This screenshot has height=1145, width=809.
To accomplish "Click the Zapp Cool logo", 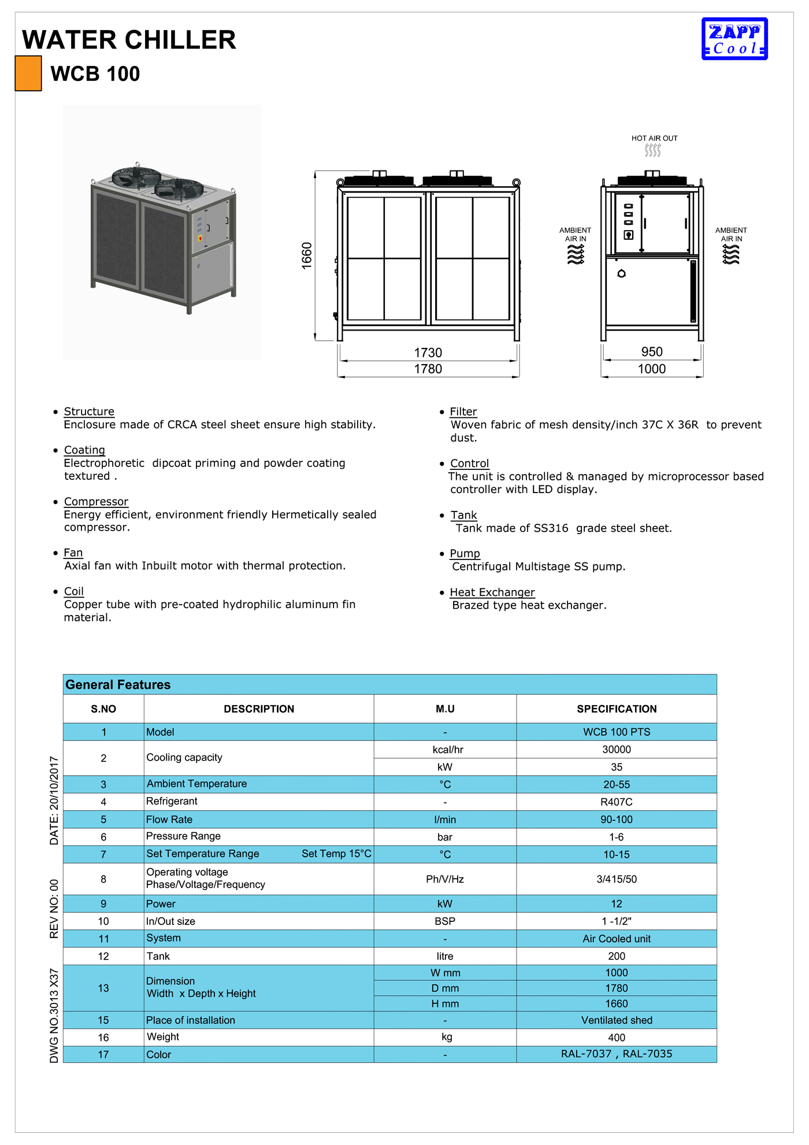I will (x=734, y=39).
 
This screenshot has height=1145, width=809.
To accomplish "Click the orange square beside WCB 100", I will (x=28, y=73).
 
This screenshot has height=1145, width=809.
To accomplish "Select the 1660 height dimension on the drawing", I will (x=307, y=255).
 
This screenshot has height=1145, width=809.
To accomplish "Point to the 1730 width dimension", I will (x=428, y=353).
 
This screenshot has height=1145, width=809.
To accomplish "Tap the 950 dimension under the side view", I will (x=652, y=352).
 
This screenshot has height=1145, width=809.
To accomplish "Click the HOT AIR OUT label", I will (x=654, y=139).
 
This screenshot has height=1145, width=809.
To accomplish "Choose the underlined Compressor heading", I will (x=96, y=502).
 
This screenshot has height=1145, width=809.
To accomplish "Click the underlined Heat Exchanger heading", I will (x=492, y=592).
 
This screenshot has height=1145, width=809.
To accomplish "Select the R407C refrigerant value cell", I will (x=617, y=802).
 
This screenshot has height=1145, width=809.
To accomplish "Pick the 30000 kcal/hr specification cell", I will (x=617, y=750).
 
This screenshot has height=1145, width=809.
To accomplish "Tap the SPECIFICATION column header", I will (x=617, y=709).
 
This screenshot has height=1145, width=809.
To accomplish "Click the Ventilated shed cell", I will (x=617, y=1021).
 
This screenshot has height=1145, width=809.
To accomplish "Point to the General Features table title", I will (x=118, y=685).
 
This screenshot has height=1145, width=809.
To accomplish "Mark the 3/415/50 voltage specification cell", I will (x=617, y=880).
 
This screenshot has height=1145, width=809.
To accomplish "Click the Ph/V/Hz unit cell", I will (x=445, y=880).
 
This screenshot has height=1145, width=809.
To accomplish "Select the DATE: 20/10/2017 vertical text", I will (x=54, y=801).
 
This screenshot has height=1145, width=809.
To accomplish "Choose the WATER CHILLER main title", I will (x=129, y=40).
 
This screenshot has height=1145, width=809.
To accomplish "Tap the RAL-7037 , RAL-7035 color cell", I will (x=617, y=1054).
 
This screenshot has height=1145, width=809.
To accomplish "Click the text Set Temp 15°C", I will (x=336, y=854).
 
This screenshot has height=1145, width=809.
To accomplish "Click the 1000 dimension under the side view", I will (x=652, y=369).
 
